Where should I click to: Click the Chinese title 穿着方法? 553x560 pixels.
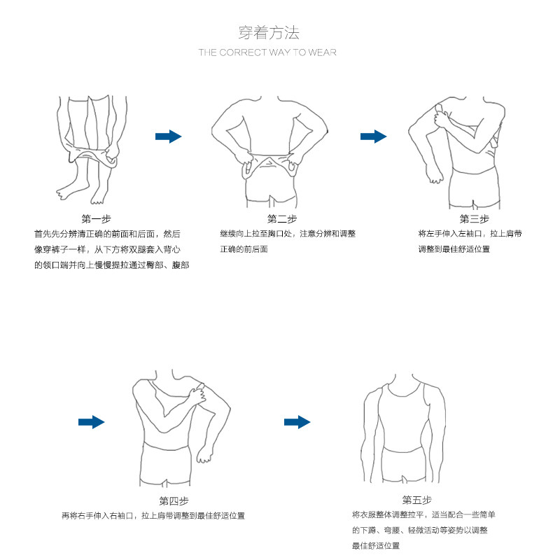point(269,32)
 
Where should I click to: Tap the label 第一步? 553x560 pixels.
point(96,218)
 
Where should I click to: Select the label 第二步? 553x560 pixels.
point(281,219)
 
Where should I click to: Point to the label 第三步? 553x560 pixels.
point(473,219)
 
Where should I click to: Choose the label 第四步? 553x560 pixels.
point(174,501)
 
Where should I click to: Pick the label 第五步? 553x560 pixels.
point(416,500)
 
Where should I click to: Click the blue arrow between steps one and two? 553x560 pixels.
point(168,136)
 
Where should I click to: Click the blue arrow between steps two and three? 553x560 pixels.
point(374,136)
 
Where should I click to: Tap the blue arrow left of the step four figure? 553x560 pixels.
point(91,422)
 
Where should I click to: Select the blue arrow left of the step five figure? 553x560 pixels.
point(297,422)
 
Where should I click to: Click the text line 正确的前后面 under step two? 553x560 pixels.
point(244,250)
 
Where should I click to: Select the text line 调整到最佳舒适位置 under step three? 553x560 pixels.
point(454,250)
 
